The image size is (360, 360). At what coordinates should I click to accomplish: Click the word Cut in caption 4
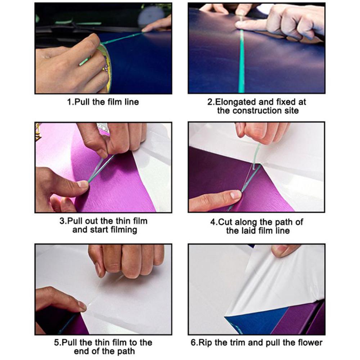pyautogui.click(x=225, y=222)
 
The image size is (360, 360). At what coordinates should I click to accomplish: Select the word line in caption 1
pyautogui.click(x=131, y=102)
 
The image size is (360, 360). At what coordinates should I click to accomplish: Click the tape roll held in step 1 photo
pyautogui.click(x=106, y=68)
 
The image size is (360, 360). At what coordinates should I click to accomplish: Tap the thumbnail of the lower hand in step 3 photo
pyautogui.click(x=82, y=184)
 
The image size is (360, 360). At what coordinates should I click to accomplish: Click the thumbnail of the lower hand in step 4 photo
pyautogui.click(x=236, y=195)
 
